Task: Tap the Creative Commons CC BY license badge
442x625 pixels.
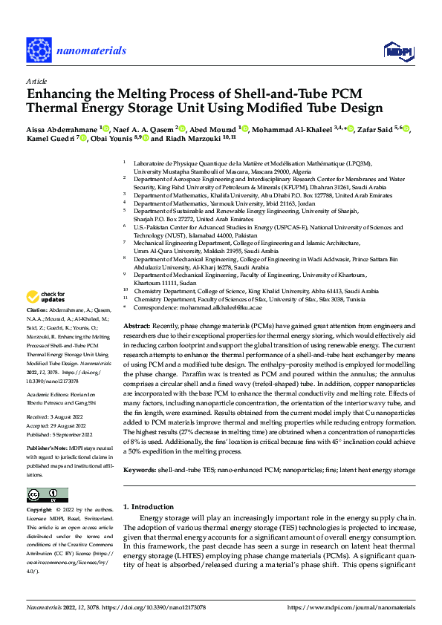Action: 48,495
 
